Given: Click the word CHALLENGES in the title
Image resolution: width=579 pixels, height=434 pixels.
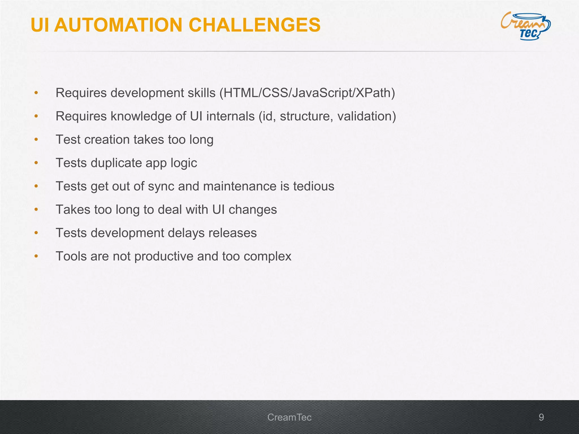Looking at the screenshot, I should (x=254, y=25).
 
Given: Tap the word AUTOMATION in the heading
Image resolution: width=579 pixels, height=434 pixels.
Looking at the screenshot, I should (x=118, y=25).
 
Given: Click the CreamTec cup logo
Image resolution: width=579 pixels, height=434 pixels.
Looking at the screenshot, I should (x=526, y=26).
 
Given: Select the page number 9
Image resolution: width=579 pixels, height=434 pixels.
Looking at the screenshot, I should (x=541, y=417).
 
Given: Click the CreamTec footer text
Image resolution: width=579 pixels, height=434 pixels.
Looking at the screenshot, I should (x=289, y=417).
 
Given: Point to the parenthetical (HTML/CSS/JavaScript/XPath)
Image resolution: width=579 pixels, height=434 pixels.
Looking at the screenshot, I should (x=307, y=93).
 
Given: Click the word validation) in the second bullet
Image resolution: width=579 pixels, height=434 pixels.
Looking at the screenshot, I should (x=367, y=116).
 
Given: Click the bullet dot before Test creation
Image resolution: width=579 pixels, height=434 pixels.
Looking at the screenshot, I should (x=36, y=140).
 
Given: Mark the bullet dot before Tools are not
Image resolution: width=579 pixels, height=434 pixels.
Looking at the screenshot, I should (x=36, y=256).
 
